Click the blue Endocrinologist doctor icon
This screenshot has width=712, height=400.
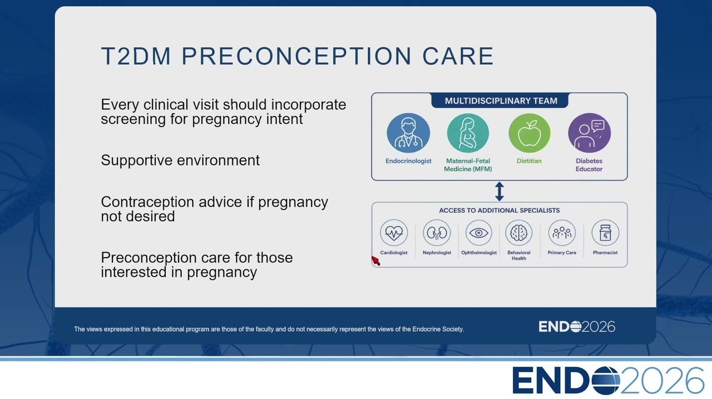pos(408,133)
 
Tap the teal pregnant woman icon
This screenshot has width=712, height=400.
pos(468,133)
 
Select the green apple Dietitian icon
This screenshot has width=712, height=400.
pos(529,133)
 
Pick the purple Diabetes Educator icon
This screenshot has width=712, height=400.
pos(589,133)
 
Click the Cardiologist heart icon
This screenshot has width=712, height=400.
pos(394,233)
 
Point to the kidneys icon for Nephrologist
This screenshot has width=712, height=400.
pos(437,233)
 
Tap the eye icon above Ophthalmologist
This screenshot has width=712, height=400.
pos(479,233)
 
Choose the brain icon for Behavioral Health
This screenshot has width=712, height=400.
pos(519,233)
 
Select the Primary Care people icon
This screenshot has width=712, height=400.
pos(562,233)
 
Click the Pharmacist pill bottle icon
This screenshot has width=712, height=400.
pos(605,233)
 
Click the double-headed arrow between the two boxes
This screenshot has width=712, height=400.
pos(500,191)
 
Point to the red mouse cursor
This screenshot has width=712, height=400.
pos(375,261)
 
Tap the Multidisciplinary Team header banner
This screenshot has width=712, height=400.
pos(500,101)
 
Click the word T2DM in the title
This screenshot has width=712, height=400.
pos(136,56)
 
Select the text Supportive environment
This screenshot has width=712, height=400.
pos(180,161)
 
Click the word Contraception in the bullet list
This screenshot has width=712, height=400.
pos(147,202)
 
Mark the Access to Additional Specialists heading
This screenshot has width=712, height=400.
pos(500,211)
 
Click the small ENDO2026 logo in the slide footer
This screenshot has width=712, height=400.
pos(577,327)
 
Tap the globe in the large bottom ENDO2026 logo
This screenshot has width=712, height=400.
pos(606,381)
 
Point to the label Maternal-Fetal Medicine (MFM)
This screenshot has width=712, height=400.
pos(468,165)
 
